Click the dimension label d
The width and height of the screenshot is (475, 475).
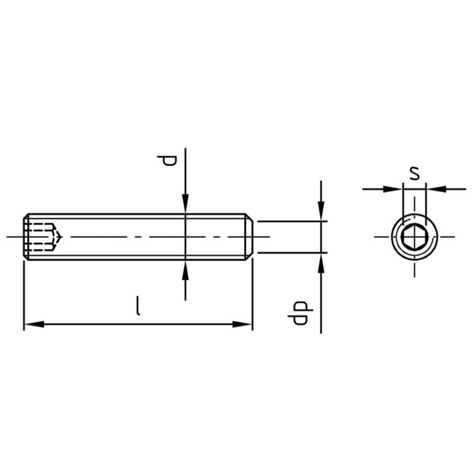(167, 160)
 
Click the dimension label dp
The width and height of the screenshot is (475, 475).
(300, 313)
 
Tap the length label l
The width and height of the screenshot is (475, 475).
(138, 306)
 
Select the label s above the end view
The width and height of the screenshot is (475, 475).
(415, 173)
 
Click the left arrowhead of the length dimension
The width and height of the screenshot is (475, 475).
(34, 324)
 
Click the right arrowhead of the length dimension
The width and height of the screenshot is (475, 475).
(242, 324)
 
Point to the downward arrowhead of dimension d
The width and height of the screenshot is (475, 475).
(185, 204)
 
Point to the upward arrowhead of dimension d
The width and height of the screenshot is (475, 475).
(185, 270)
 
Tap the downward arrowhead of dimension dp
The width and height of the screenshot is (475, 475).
(321, 211)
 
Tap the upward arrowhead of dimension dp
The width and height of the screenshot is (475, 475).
(321, 263)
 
